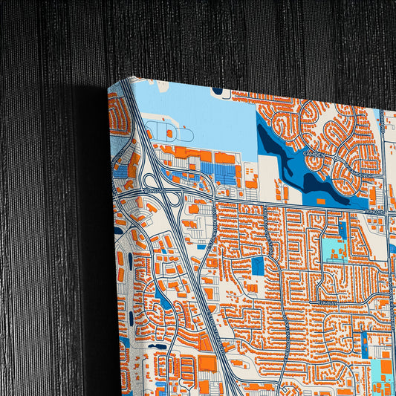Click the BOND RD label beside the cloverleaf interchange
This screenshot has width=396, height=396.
tap(154, 189)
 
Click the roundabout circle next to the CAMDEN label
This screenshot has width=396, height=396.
tap(336, 158)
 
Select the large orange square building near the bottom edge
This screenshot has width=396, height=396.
tap(207, 363)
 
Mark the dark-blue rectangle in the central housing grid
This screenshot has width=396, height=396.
tap(258, 265)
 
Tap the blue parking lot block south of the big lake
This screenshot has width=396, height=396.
tap(223, 172)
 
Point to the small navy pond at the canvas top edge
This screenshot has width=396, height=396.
tap(218, 91)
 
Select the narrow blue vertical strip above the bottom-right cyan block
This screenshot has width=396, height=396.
tap(364, 344)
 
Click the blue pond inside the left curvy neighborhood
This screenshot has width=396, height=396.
tap(165, 301)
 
